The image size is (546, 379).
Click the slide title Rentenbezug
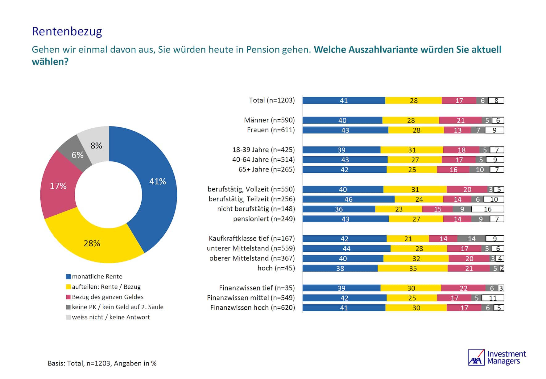click(67, 31)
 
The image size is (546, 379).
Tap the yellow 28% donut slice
click(93, 244)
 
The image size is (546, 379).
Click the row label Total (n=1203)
click(272, 100)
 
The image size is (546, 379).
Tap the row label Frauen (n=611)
click(271, 130)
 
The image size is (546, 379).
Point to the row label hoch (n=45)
click(276, 268)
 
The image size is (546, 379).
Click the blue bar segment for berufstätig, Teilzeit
click(348, 199)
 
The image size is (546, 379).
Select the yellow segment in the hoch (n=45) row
click(412, 268)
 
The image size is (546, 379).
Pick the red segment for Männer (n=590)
click(460, 120)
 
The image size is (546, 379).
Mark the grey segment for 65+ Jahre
click(480, 170)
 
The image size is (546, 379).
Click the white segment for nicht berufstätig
click(487, 209)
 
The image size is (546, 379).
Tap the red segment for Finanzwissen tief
click(463, 288)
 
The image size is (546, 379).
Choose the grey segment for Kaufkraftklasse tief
click(471, 239)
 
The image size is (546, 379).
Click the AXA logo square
click(476, 357)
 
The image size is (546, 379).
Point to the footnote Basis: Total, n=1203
click(102, 364)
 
